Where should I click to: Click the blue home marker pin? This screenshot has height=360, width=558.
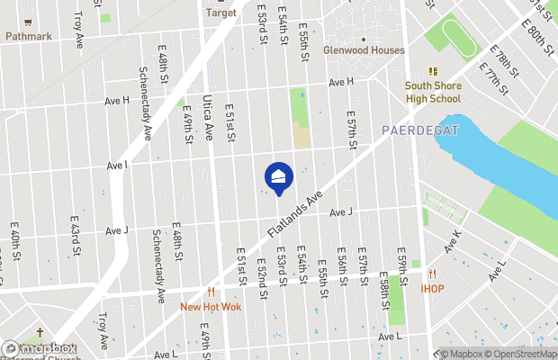[x=278, y=178]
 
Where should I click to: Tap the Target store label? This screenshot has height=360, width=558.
[x=220, y=13]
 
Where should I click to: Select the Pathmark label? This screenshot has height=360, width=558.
[x=29, y=37]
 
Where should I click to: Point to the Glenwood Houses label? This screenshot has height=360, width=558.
[x=364, y=50]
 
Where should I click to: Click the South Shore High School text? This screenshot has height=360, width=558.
[x=432, y=92]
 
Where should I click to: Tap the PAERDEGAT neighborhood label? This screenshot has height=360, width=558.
[x=420, y=130]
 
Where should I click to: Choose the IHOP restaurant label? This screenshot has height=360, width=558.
[x=433, y=289]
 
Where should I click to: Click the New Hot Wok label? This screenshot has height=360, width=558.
[x=210, y=306]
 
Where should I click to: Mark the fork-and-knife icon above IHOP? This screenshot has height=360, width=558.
[x=432, y=274]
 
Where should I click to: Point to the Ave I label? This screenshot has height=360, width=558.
[x=117, y=166]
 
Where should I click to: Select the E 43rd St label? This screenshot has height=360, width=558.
[x=76, y=245]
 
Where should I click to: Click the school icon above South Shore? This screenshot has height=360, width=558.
[x=432, y=71]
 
